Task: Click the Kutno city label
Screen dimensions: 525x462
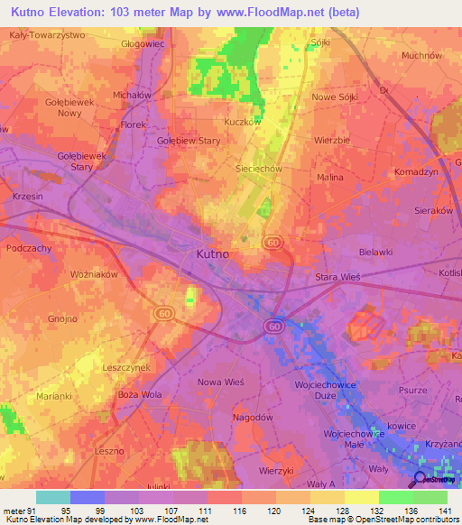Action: tap(212, 255)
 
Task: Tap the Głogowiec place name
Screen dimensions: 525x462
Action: tap(143, 41)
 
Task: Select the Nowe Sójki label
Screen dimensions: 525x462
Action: tap(335, 97)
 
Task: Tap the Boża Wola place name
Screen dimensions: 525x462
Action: tap(140, 395)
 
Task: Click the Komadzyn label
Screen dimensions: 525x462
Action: tap(416, 171)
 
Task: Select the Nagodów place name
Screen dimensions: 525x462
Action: tap(226, 418)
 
